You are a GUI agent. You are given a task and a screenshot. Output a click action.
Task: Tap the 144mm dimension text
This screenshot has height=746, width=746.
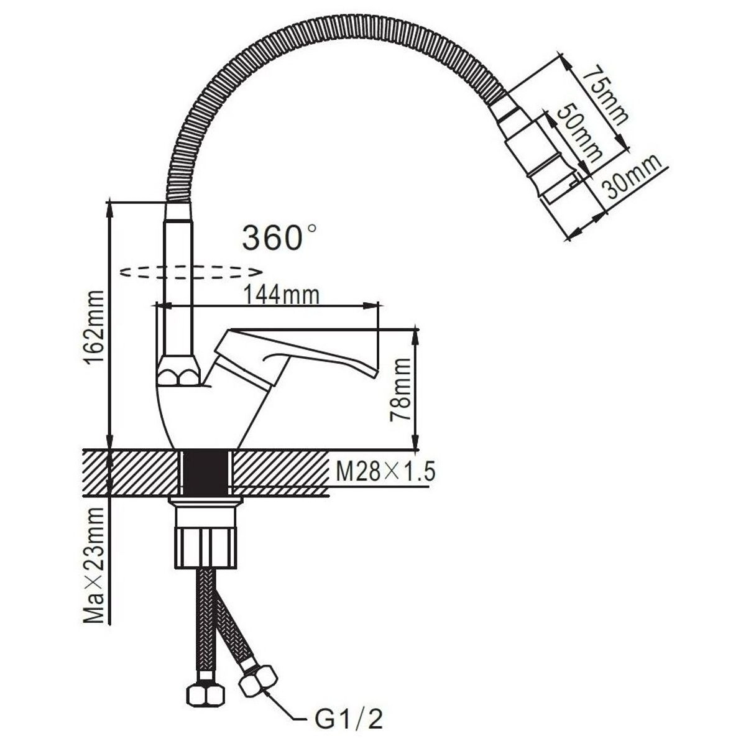pos(281,296)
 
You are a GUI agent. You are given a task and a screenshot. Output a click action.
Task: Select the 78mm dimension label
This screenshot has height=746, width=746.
pos(400,390)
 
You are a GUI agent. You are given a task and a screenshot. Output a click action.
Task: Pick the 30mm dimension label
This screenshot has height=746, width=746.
pos(632,178)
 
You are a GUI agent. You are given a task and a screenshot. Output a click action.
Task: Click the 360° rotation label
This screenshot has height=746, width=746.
pos(279,237)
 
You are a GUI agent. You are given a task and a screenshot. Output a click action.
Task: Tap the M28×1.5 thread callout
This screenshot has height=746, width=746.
pos(385,472)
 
